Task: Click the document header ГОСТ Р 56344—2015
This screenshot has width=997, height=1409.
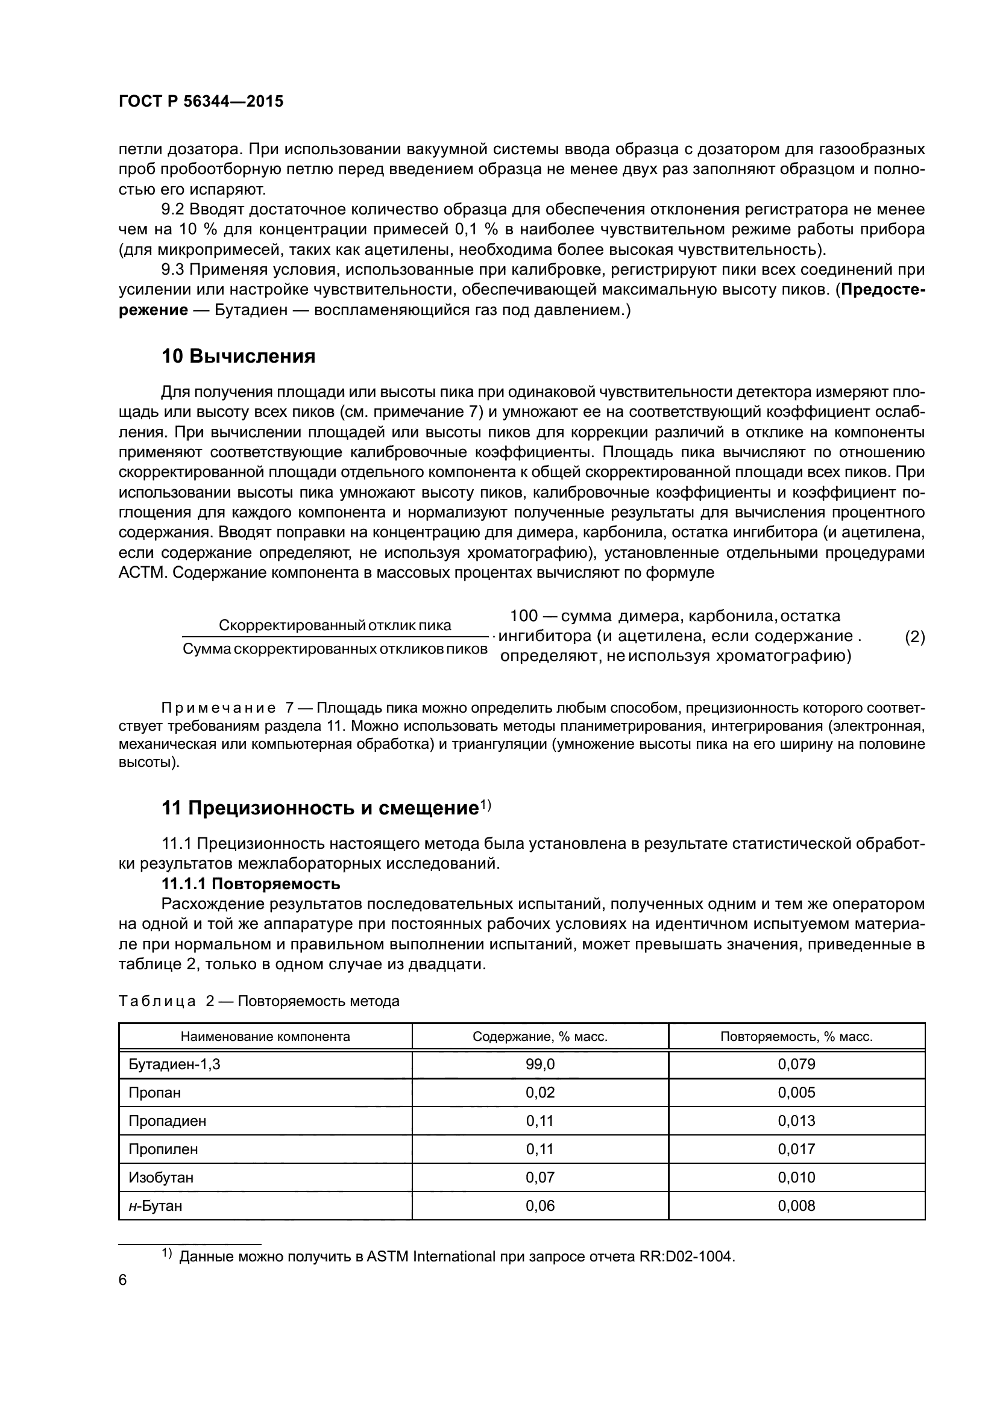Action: pos(201,102)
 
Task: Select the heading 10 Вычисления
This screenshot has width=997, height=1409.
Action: pos(238,356)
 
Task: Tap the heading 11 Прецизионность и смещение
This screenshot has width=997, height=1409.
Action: pos(320,808)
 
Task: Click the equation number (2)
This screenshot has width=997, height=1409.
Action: pos(914,637)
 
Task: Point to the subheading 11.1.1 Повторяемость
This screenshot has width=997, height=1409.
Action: pos(251,884)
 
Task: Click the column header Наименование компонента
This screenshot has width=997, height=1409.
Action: pos(265,1037)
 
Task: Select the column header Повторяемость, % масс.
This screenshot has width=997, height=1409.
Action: pos(796,1037)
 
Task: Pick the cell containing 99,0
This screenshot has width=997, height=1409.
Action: pos(539,1064)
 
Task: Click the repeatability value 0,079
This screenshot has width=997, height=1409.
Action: pos(796,1064)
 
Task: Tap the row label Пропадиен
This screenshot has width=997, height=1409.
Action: pos(167,1121)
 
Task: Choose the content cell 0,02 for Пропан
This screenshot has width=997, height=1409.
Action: pos(539,1093)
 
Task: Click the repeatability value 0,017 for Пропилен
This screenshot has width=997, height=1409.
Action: pos(796,1149)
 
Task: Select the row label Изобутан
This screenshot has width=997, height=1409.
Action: pos(161,1177)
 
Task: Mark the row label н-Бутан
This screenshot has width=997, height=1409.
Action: pos(156,1206)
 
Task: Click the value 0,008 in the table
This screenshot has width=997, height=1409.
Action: pos(796,1206)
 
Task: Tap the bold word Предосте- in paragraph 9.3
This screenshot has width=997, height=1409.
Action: pos(883,290)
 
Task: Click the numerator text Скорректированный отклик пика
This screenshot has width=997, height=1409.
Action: pos(335,625)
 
